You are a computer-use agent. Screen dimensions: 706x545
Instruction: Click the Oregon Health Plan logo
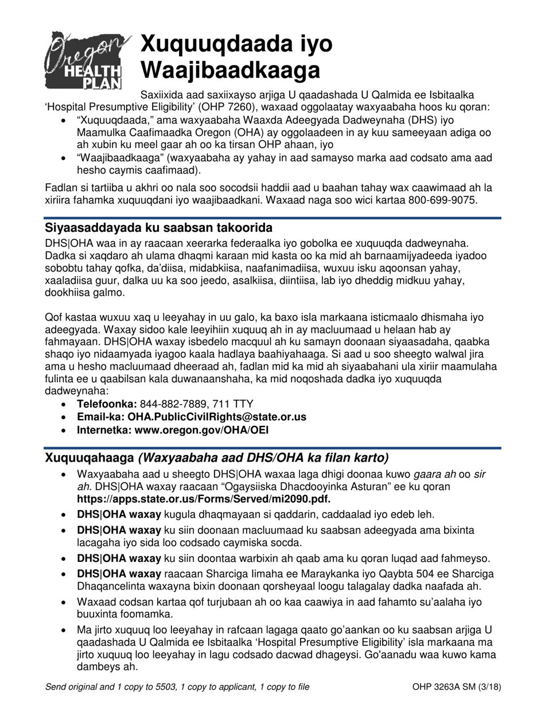(x=84, y=60)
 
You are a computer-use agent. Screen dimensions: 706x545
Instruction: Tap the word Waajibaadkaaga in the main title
(x=230, y=70)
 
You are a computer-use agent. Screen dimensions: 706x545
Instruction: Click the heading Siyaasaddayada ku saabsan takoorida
(x=158, y=227)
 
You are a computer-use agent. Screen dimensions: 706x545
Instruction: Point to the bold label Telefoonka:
(x=107, y=404)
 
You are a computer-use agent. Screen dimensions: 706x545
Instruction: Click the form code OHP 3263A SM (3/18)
(x=457, y=686)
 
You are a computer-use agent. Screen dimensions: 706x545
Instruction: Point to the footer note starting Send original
(x=177, y=686)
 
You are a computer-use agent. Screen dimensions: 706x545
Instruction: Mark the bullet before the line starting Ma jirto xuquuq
(x=64, y=630)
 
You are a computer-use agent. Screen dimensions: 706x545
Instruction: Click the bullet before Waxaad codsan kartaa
(x=64, y=602)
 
